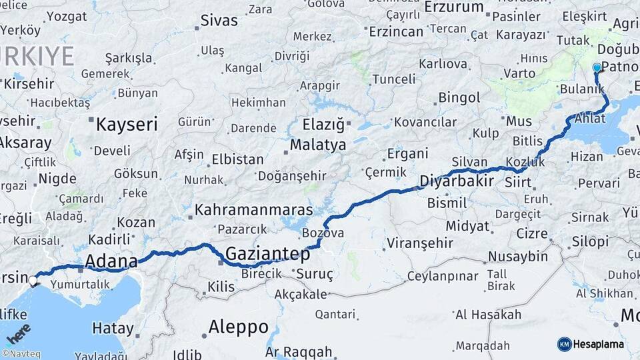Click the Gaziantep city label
click(267, 254)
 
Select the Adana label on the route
click(111, 261)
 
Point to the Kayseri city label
click(127, 124)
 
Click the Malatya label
click(318, 145)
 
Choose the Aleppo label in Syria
click(238, 327)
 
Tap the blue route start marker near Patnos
click(597, 68)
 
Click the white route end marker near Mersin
click(33, 281)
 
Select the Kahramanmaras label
click(253, 209)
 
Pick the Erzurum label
click(458, 7)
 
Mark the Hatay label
click(113, 328)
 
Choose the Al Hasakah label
click(488, 315)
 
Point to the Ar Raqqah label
click(298, 351)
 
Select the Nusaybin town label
click(518, 257)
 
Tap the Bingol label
click(459, 98)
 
